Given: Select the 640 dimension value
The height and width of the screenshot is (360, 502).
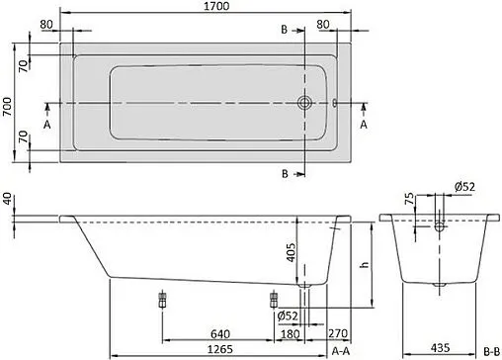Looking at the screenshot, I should tap(221, 332).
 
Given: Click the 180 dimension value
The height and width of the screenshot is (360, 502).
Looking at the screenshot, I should tap(289, 332).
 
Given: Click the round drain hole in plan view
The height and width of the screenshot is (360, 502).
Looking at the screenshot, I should tap(306, 102).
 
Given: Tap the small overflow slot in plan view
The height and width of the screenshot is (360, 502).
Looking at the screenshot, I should tap(335, 102).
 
